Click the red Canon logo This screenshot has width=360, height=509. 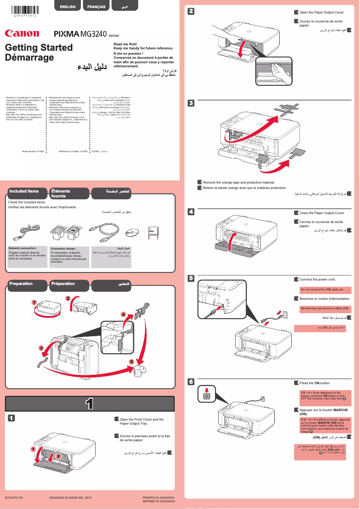point(22,33)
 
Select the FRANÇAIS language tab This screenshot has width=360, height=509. point(97,7)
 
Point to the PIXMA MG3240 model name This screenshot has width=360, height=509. point(81,34)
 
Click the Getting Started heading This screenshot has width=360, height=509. point(39,48)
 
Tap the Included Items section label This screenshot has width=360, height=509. point(24,191)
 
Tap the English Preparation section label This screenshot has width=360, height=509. point(21,284)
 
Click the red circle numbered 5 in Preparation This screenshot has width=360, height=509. point(131,361)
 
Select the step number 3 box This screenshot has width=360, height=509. point(191,103)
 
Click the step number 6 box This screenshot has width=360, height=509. point(191,382)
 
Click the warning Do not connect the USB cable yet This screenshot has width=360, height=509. point(322,290)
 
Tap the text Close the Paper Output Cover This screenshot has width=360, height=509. point(322,213)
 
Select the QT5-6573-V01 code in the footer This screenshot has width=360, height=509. point(14,498)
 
